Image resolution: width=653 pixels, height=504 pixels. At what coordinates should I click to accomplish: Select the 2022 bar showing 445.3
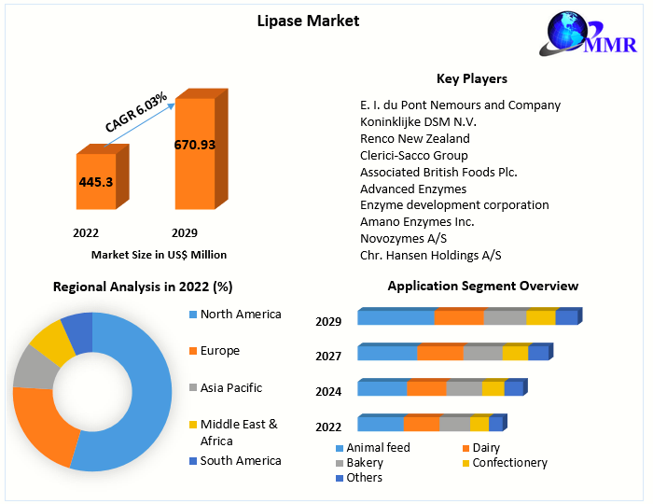click(x=97, y=182)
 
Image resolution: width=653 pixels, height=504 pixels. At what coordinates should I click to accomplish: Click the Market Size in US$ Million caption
click(x=159, y=254)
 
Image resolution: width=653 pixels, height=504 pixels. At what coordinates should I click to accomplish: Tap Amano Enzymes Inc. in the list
click(x=417, y=221)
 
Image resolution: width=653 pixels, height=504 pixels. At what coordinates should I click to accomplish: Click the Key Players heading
click(x=472, y=78)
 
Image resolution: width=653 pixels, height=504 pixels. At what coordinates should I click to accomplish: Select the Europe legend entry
click(x=219, y=351)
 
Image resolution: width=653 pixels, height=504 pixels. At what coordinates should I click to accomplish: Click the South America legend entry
click(x=240, y=460)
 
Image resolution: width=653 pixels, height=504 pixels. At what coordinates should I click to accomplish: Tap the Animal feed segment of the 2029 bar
click(x=396, y=318)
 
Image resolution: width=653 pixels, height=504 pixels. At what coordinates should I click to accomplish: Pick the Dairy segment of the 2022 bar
click(x=421, y=425)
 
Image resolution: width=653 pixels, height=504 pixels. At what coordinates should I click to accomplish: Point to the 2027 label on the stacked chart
click(x=328, y=356)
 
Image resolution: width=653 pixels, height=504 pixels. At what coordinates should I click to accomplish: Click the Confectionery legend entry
click(x=509, y=462)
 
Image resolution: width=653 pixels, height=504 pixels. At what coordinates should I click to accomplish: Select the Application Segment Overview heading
click(x=482, y=286)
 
